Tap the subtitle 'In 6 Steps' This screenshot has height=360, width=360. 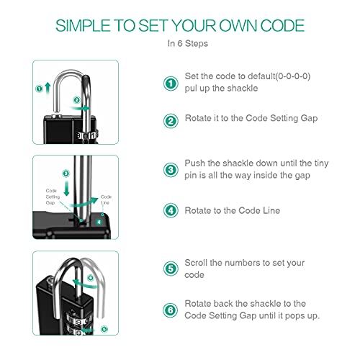click(x=179, y=43)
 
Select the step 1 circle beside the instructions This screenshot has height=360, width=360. click(x=170, y=84)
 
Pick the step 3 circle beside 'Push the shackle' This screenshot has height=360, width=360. click(x=170, y=170)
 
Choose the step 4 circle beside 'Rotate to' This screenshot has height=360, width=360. click(x=170, y=210)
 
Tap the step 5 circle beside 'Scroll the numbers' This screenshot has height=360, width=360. click(x=170, y=269)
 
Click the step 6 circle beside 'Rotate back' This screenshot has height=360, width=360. click(x=170, y=310)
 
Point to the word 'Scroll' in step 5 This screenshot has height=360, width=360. click(x=197, y=263)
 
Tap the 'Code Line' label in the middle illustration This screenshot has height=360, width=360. click(x=106, y=199)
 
